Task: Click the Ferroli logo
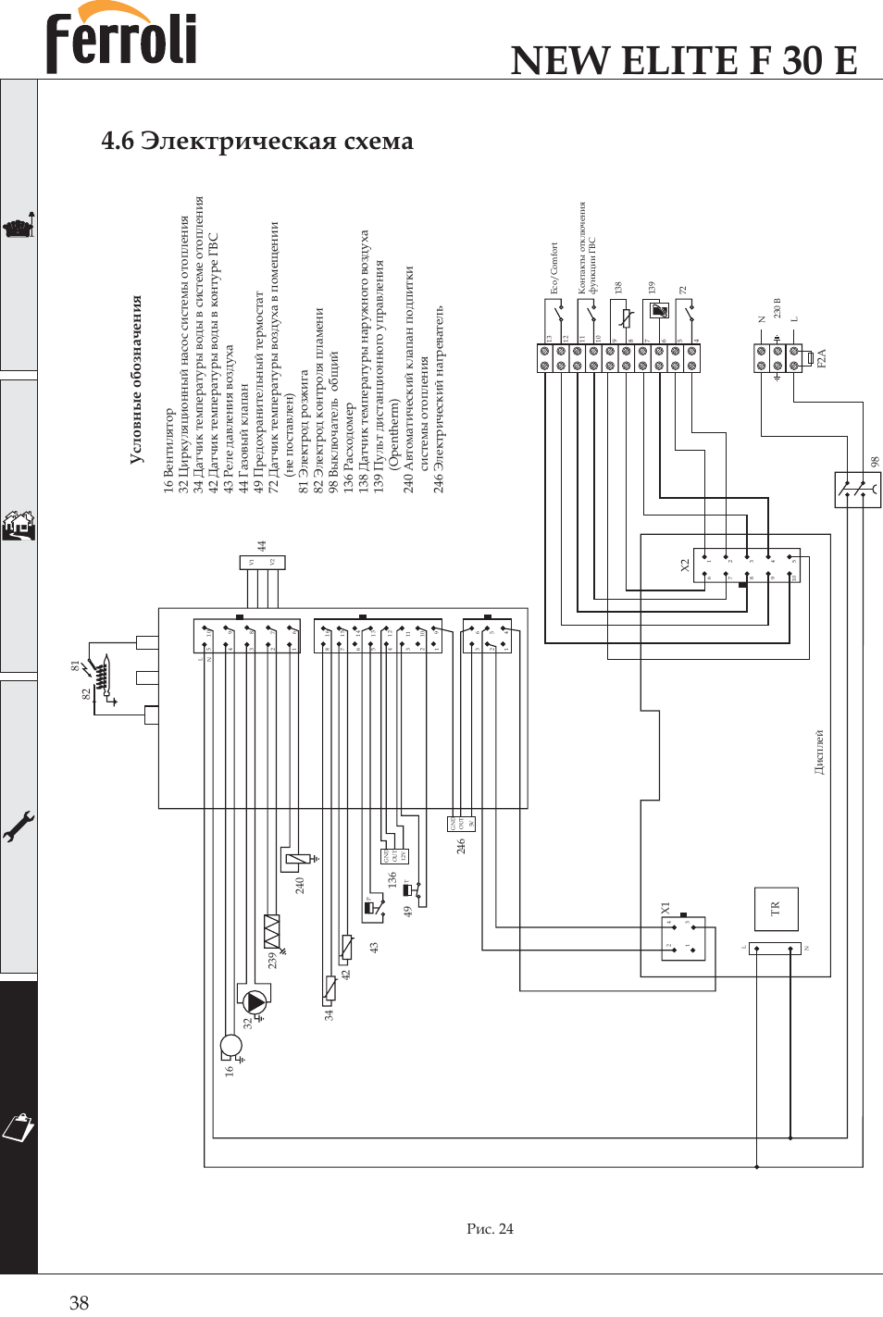tap(121, 39)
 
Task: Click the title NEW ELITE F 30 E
tap(684, 61)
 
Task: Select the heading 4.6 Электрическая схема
tap(256, 141)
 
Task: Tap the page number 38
tap(79, 1302)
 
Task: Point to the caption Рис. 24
tap(490, 1228)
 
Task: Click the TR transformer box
tap(776, 909)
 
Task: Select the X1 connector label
tap(665, 909)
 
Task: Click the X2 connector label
tap(685, 564)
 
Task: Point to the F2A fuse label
tap(821, 358)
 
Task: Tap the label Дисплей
tap(819, 752)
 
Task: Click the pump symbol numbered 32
tap(255, 1001)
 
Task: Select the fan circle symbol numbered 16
tap(230, 1046)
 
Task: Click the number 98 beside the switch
tap(875, 461)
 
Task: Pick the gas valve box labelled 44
tap(262, 562)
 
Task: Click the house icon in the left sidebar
tap(19, 526)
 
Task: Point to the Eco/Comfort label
tap(554, 268)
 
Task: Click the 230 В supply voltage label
tap(777, 307)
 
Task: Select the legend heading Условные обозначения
tap(136, 379)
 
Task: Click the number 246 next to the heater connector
tap(461, 846)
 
